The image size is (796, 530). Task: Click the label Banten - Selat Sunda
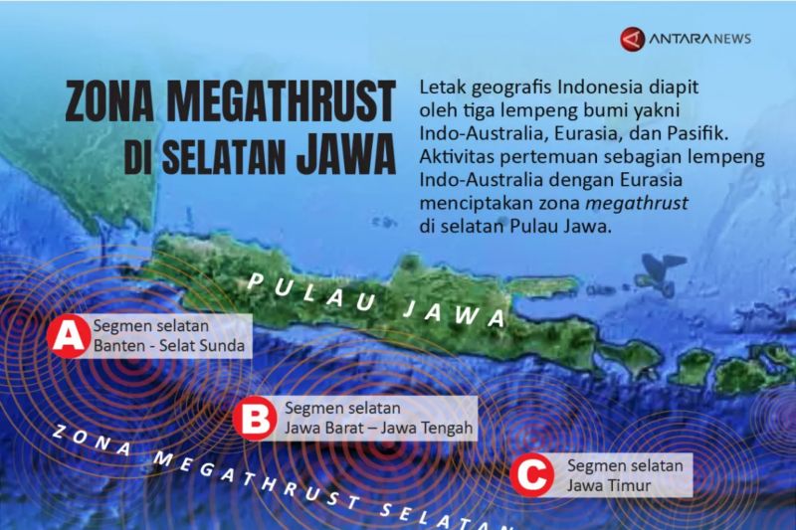167,346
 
